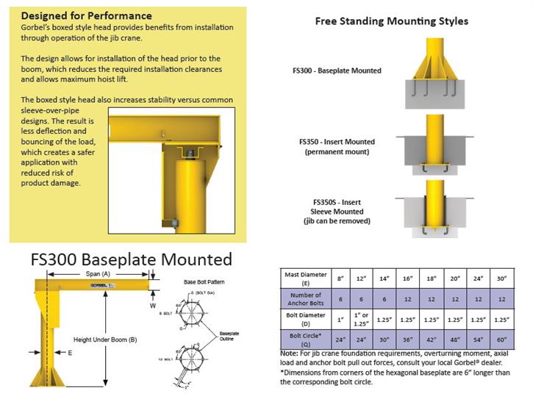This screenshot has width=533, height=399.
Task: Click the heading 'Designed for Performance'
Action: pyautogui.click(x=87, y=15)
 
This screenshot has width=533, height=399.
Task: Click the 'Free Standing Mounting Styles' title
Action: pyautogui.click(x=391, y=21)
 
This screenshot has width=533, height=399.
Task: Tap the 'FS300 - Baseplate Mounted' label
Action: pyautogui.click(x=336, y=71)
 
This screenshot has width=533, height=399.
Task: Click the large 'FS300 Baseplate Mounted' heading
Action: pyautogui.click(x=131, y=259)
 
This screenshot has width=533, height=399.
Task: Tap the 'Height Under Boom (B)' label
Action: pyautogui.click(x=106, y=339)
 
